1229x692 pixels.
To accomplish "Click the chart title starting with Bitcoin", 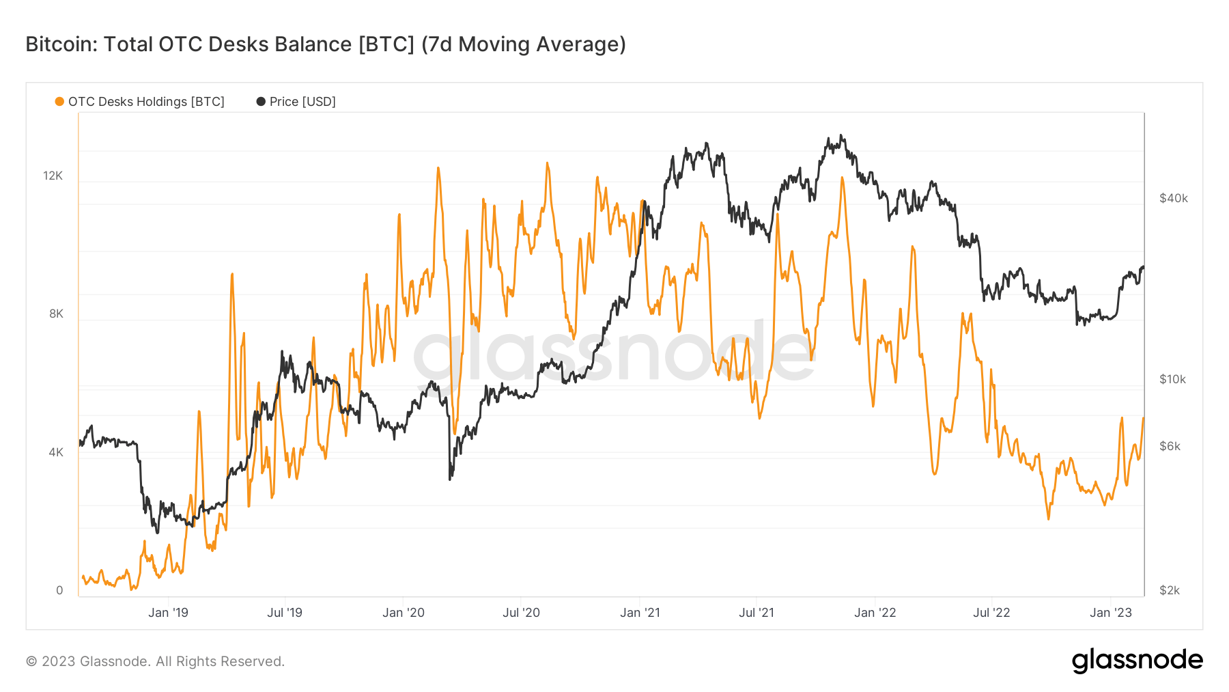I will tap(326, 44).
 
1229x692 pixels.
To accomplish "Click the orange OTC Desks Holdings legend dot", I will tap(59, 102).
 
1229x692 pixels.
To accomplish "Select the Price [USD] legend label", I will tap(302, 102).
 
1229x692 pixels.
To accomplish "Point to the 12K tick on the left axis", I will tap(53, 176).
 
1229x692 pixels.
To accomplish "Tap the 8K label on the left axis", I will tap(56, 314).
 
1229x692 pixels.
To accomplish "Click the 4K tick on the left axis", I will tap(56, 452).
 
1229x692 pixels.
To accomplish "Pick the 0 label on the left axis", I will tap(59, 590).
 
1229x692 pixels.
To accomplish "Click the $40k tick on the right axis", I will tap(1173, 198).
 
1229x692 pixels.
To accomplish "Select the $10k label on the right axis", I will tap(1172, 379).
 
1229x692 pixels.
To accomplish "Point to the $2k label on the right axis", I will tap(1170, 590).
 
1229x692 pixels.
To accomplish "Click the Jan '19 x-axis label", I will tap(168, 613).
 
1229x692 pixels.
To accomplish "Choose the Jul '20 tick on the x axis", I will tap(521, 613).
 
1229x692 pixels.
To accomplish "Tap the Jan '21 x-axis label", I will tap(640, 613).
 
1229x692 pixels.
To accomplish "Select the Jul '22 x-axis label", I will tap(991, 613).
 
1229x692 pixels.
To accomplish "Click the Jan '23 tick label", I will tap(1111, 613).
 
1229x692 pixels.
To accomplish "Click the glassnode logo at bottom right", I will tap(1137, 661).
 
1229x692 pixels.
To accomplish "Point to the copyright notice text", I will tap(155, 661).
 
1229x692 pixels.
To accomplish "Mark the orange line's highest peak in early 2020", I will tap(438, 168).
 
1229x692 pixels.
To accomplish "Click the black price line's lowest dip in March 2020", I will tap(450, 479).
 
